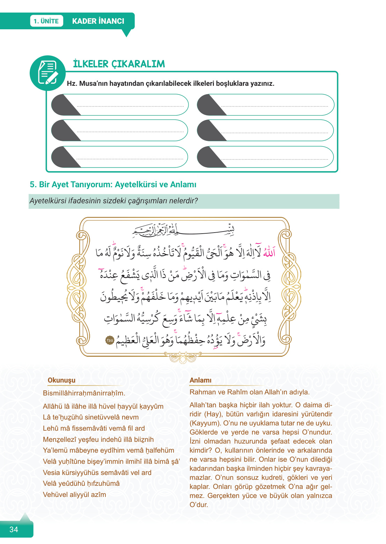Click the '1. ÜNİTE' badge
(x=46, y=21)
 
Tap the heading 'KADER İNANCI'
(x=98, y=21)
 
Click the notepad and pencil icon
(x=47, y=73)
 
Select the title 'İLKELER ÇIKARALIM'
(x=119, y=64)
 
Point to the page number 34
(x=14, y=529)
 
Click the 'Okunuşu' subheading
(x=61, y=380)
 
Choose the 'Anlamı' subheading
(x=200, y=380)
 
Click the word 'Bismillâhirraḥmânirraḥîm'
(x=84, y=393)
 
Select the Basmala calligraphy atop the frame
(x=183, y=230)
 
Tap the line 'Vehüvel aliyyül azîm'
(x=74, y=494)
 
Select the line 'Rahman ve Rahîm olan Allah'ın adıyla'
(x=249, y=392)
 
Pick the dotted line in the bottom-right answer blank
(x=275, y=159)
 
